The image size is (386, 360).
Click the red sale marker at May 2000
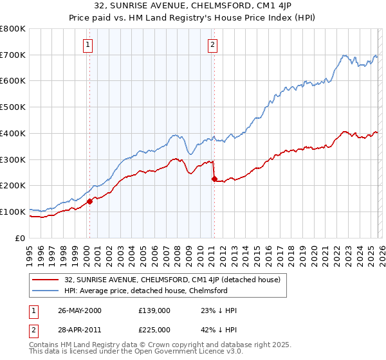click(x=90, y=201)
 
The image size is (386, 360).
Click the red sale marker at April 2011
click(x=214, y=179)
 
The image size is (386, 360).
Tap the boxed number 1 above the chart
click(x=87, y=44)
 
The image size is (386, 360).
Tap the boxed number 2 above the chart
click(x=212, y=44)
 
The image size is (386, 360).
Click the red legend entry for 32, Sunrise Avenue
click(x=172, y=280)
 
